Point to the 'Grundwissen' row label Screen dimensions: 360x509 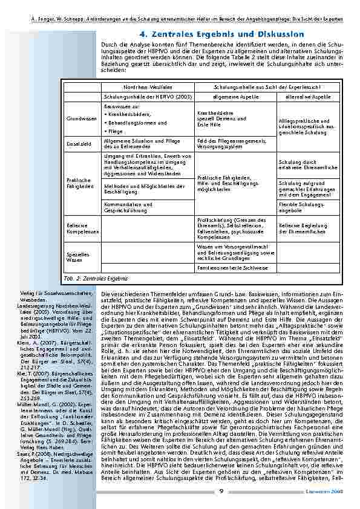(x=82, y=118)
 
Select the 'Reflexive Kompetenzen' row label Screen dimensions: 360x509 (x=82, y=229)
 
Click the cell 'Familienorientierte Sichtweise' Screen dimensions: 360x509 (x=234, y=267)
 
